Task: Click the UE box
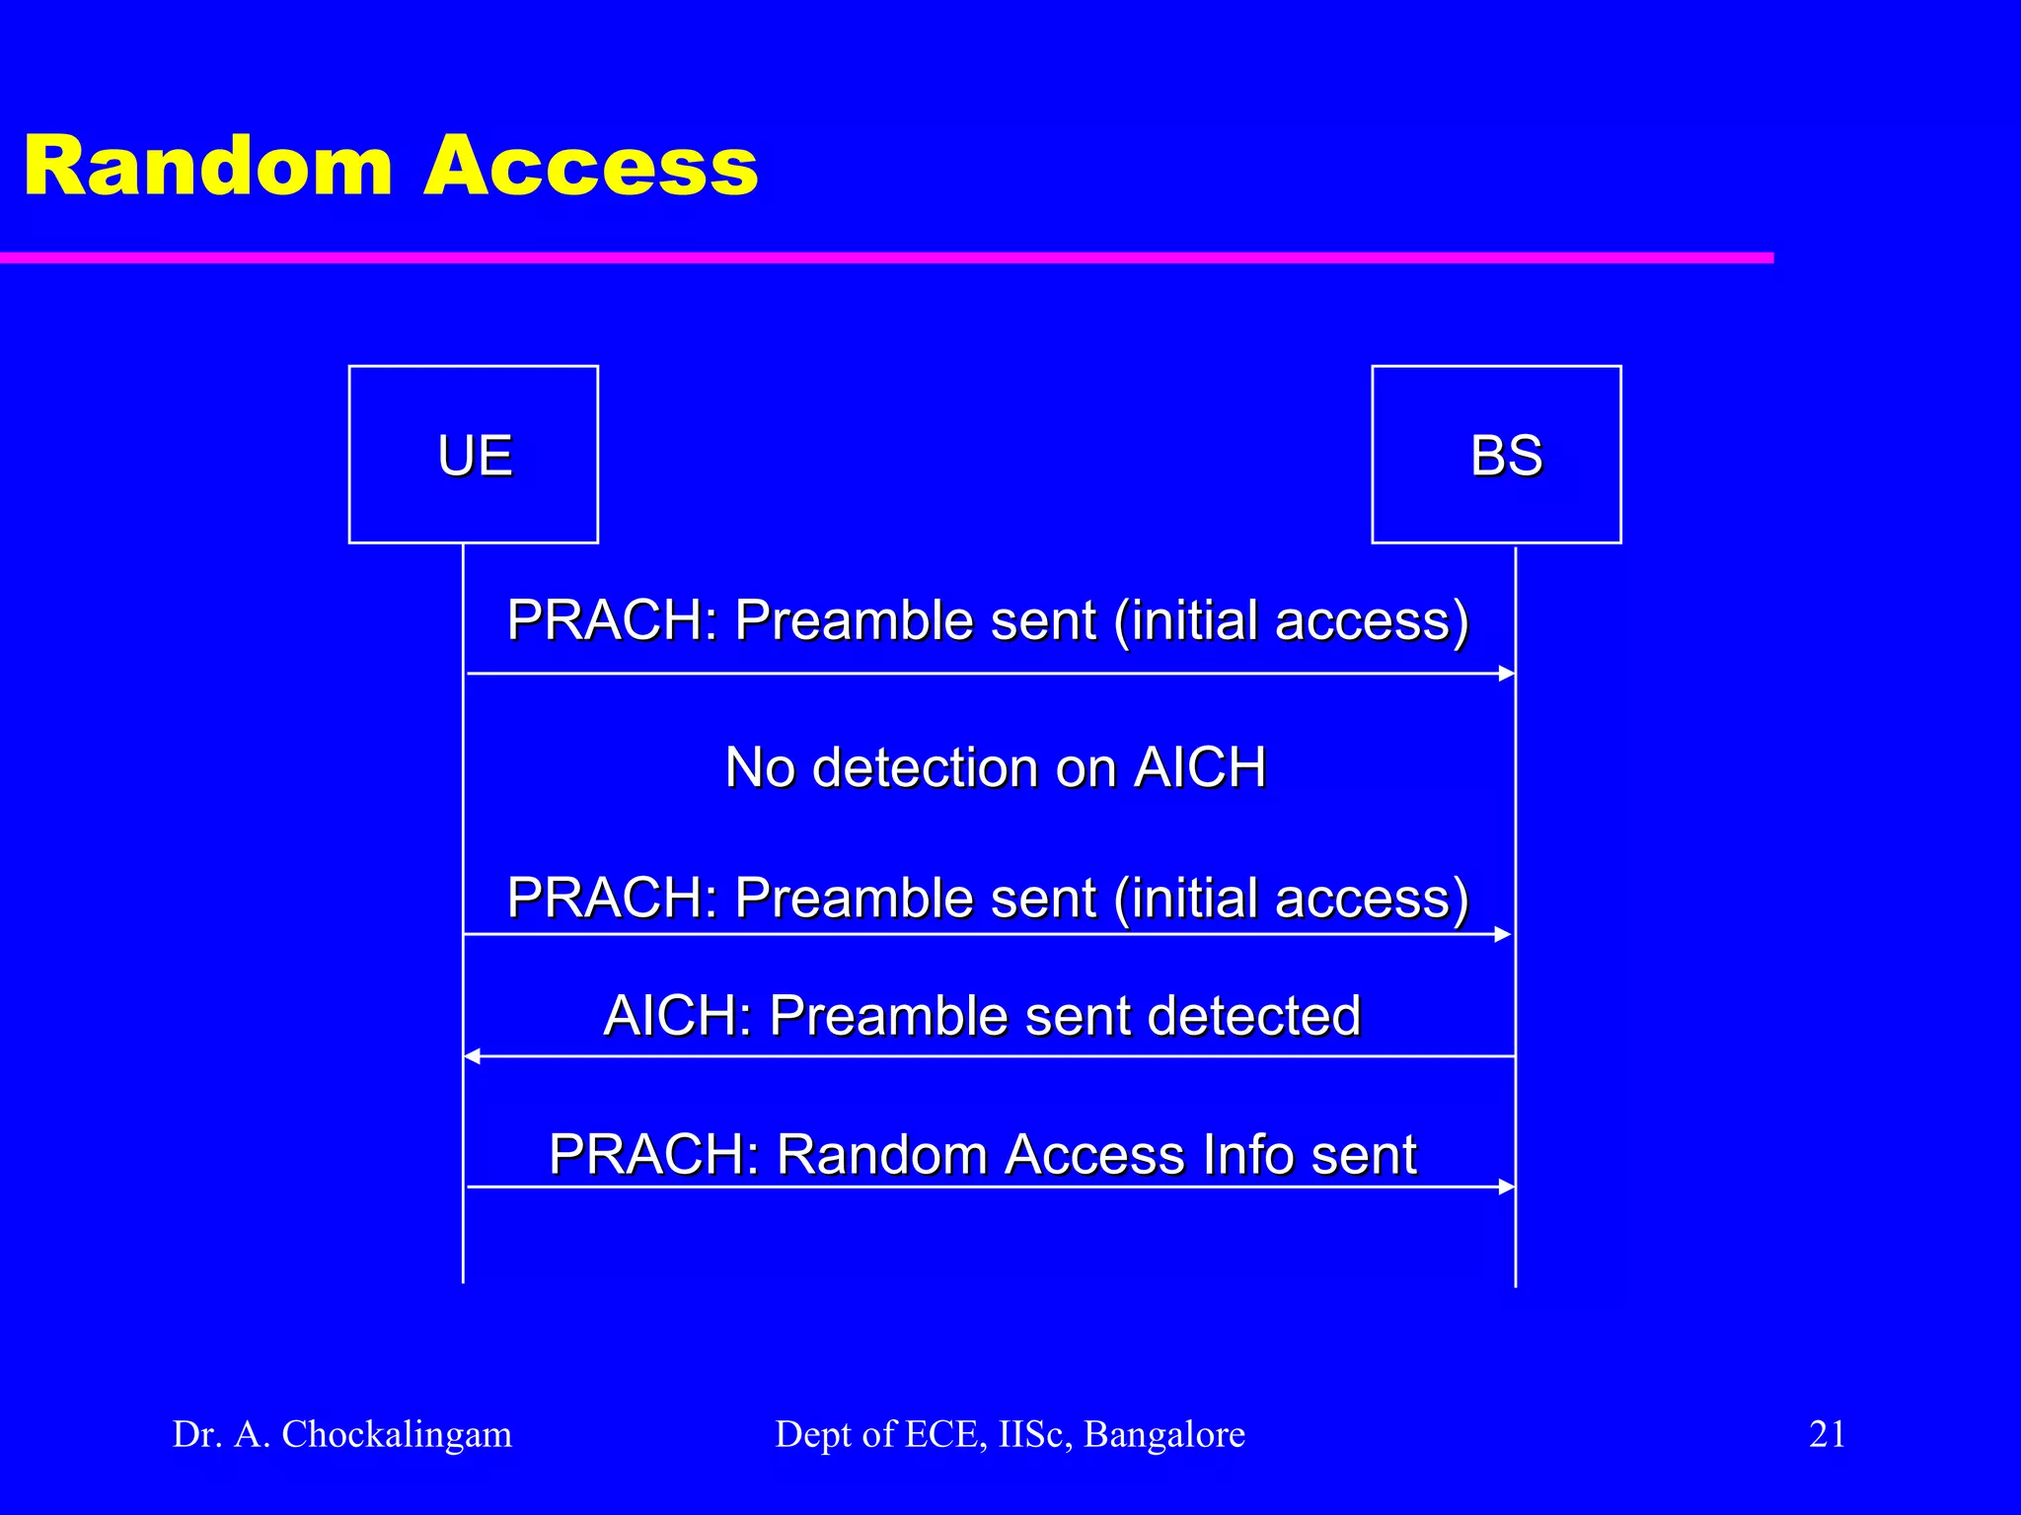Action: click(x=474, y=455)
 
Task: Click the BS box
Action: click(x=1496, y=455)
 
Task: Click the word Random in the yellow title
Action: click(x=208, y=167)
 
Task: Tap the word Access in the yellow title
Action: click(x=590, y=167)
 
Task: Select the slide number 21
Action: click(x=1827, y=1433)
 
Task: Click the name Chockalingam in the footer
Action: click(x=397, y=1434)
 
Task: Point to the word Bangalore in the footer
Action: click(x=1164, y=1434)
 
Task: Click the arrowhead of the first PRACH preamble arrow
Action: click(x=1507, y=674)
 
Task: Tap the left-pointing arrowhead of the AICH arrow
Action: click(x=473, y=1056)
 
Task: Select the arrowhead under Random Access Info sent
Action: click(x=1507, y=1187)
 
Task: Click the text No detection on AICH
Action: click(x=995, y=767)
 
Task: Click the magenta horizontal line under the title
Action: click(x=888, y=258)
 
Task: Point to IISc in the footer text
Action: click(x=1035, y=1434)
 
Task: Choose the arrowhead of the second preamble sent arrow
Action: click(x=1503, y=934)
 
